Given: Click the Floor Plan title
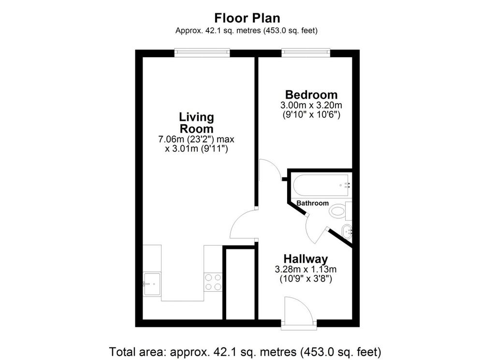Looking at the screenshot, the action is pos(247,18).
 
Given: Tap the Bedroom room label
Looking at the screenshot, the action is pos(311,94).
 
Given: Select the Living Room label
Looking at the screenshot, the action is pos(196,123).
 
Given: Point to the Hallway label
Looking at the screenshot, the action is pos(306,259).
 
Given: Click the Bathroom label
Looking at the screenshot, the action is pos(313,203).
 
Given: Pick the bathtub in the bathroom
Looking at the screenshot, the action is pos(321,185).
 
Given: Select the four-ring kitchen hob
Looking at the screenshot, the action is pos(213,282).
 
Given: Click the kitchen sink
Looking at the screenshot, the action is pos(152,284).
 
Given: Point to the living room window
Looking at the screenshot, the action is pos(202,53).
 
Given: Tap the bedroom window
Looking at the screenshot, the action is pos(306,53).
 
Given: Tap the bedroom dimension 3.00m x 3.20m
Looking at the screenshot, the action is pos(311,105).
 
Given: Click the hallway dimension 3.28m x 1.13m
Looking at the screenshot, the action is pos(306,270).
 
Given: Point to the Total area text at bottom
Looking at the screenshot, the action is pos(245,351).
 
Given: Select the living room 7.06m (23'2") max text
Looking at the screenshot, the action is pos(196,139).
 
